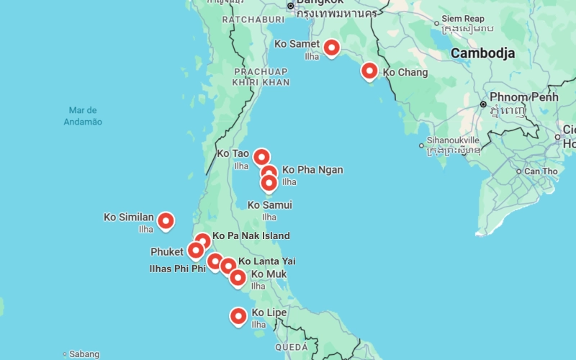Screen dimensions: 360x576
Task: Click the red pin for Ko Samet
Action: pos(331,48)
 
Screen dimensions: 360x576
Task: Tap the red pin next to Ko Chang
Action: pos(369,71)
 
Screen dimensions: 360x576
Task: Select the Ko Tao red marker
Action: pos(261,156)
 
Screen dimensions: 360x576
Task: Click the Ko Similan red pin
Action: pos(166,220)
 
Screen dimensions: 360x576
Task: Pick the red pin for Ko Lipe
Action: pos(238,315)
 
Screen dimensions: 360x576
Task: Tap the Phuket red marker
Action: pos(195,250)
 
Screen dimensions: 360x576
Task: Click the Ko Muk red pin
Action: pos(238,276)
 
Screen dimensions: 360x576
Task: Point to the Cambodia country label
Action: pos(482,53)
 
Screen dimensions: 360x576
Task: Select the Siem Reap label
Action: pos(463,18)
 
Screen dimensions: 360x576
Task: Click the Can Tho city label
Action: pos(541,171)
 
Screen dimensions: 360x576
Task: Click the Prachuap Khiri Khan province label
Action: pos(261,77)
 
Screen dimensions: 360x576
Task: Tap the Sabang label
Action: pos(84,354)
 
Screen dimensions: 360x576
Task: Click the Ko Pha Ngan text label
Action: pos(312,170)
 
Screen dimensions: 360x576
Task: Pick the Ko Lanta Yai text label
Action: pos(266,261)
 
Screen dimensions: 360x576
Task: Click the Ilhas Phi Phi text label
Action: pos(177,269)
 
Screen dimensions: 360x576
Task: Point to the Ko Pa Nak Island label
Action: pos(251,235)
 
